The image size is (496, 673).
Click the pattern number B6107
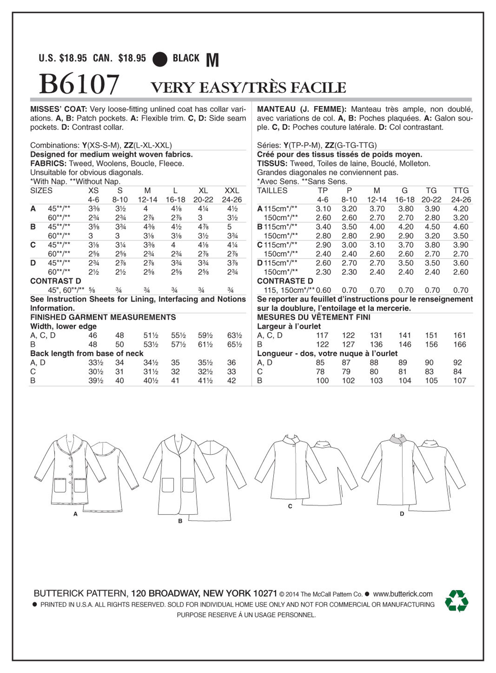[x=79, y=84]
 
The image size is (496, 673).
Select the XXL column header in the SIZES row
[x=231, y=190]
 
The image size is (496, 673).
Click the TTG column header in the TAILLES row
[x=461, y=190]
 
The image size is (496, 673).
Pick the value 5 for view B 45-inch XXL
[x=230, y=227]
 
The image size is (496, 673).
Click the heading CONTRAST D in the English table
[x=56, y=281]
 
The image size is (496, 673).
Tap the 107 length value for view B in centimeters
[x=459, y=381]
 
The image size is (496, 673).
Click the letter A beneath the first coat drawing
[x=75, y=514]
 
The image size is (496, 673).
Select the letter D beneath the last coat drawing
[x=402, y=514]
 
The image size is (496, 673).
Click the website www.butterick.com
[x=403, y=594]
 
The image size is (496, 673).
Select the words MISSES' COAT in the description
[x=58, y=109]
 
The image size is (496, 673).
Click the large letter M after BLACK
[x=212, y=60]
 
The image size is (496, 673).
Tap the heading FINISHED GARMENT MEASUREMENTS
[x=103, y=317]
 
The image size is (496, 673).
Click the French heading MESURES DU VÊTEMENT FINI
[x=313, y=317]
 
